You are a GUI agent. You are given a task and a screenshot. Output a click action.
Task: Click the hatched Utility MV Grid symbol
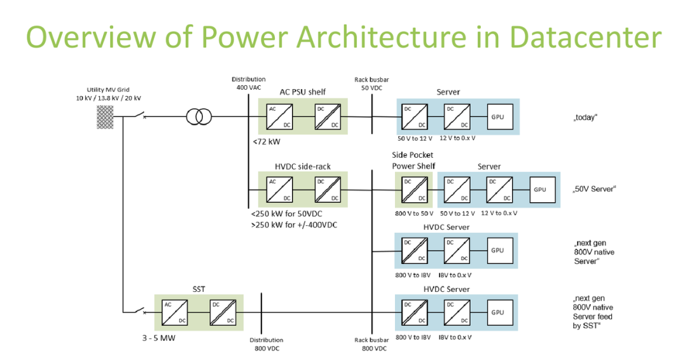105,116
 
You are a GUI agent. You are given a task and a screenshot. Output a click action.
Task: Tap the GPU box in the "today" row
497,117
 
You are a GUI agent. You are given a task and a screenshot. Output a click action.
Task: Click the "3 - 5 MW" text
159,338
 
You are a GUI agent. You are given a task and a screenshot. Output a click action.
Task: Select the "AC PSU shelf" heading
303,92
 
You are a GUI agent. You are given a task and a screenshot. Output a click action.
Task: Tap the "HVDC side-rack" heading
303,167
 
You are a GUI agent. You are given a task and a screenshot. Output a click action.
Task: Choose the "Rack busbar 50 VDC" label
371,83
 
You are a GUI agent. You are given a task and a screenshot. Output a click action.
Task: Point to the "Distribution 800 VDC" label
266,344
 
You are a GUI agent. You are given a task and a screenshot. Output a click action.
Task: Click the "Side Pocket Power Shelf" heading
413,161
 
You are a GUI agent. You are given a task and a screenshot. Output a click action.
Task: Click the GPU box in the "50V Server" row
539,190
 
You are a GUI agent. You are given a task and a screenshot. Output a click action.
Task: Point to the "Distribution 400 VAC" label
248,83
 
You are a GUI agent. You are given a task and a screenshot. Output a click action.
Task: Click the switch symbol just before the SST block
138,312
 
